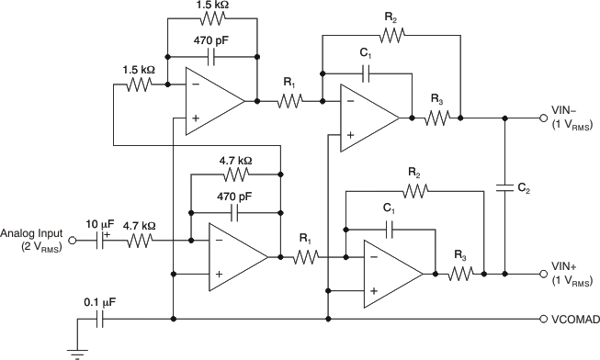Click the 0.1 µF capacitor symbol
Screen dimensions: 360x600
click(x=102, y=320)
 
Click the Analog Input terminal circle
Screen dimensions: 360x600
click(x=75, y=242)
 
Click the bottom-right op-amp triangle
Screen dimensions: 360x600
click(x=393, y=273)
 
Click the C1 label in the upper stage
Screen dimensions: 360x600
click(x=365, y=56)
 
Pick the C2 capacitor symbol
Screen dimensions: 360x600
click(x=504, y=187)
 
